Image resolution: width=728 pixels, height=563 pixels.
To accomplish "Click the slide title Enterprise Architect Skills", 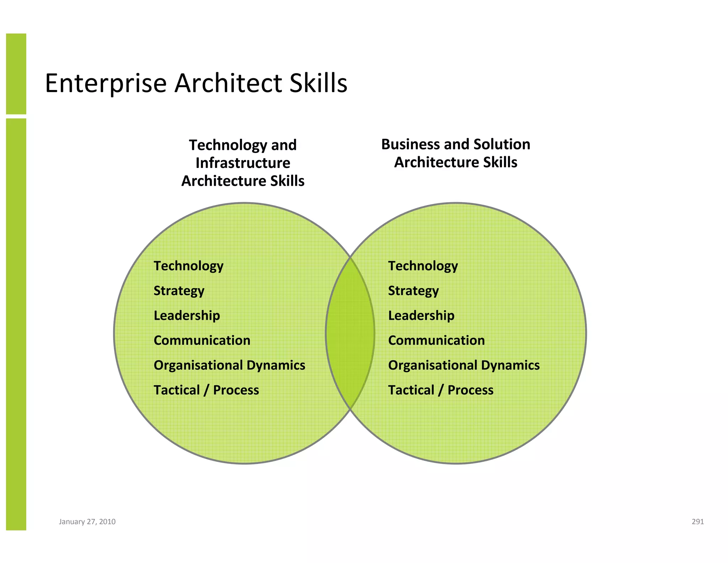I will click(196, 83).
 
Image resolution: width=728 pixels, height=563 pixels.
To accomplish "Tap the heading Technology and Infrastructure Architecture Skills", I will click(243, 163).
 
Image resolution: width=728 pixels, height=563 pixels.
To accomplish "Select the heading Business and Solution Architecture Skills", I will click(456, 153).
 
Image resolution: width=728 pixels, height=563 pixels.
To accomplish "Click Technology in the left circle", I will click(188, 266).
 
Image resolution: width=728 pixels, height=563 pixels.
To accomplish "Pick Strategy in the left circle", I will click(179, 291).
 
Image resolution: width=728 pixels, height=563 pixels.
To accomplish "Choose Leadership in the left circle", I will click(187, 316).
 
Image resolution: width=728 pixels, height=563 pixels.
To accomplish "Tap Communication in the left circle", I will click(202, 341).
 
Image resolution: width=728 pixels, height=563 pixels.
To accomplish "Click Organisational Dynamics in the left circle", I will click(229, 365).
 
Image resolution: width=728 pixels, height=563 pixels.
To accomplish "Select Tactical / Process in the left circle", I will click(206, 390).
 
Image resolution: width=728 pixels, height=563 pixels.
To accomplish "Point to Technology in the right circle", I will click(423, 266).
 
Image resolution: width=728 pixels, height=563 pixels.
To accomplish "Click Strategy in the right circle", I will click(413, 291).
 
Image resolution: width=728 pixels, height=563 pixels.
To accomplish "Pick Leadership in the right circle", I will click(421, 316).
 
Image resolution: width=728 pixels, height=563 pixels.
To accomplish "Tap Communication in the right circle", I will click(437, 341).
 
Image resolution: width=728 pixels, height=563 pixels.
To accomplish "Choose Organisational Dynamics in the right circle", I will click(464, 365).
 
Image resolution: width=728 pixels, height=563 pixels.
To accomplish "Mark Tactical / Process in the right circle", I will click(441, 390).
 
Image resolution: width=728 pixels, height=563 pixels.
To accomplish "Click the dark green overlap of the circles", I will click(350, 333).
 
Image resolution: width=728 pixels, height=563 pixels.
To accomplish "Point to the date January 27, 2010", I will click(87, 522).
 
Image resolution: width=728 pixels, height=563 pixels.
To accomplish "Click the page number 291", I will click(698, 522).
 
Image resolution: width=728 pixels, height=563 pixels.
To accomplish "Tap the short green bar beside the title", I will click(16, 74).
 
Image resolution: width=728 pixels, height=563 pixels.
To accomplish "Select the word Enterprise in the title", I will click(106, 83).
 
